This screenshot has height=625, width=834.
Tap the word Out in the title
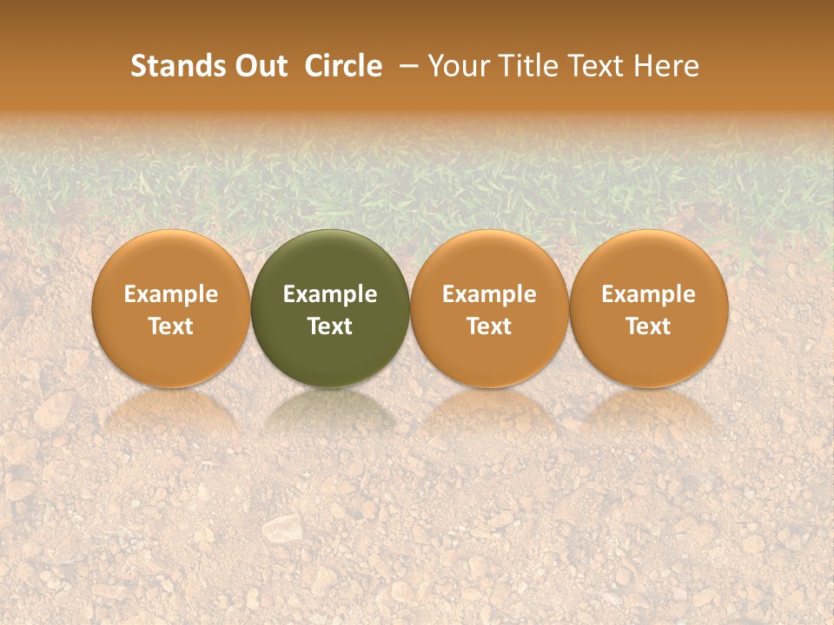(x=258, y=67)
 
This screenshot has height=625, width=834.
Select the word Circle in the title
(x=343, y=67)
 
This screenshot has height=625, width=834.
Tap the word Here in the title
(x=667, y=67)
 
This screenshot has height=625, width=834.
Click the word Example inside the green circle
(x=330, y=294)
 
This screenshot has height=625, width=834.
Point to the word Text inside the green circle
(x=330, y=326)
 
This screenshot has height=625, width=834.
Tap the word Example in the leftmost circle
(x=170, y=294)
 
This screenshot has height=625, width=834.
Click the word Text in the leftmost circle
(x=170, y=326)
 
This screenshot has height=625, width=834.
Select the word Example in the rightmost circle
(x=649, y=294)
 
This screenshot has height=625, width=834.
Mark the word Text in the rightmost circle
(x=649, y=326)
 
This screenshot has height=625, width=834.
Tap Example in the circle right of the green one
(x=489, y=294)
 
